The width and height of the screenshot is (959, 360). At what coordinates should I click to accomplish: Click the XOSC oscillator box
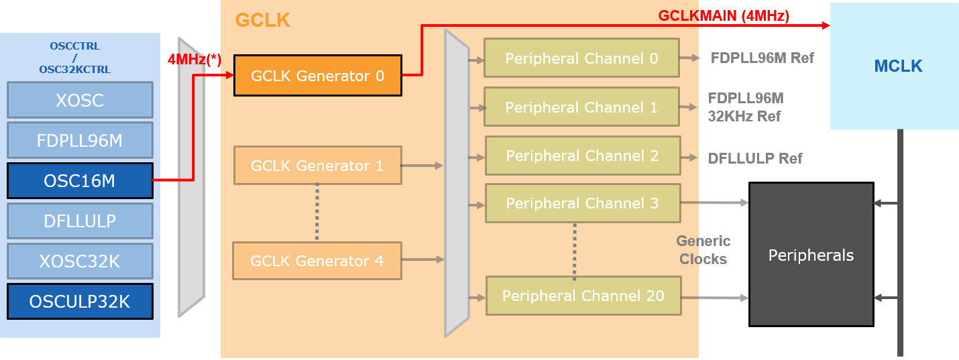80,100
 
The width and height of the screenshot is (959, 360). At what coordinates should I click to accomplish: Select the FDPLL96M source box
80,141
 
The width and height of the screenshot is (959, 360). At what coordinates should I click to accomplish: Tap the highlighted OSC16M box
80,181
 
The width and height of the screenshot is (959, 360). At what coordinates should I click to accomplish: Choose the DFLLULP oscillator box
80,221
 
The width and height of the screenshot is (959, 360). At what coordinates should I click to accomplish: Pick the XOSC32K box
80,261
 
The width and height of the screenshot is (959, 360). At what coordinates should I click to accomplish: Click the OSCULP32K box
80,302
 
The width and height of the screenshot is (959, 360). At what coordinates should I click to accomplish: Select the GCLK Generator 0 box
317,76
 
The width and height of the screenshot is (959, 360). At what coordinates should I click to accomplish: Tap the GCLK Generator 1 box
317,166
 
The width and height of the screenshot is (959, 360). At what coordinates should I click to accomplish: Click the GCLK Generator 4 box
317,261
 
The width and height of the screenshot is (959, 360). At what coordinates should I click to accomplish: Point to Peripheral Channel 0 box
581,58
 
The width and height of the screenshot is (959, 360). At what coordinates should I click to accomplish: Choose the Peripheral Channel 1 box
581,107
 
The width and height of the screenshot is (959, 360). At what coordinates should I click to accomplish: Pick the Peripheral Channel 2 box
582,156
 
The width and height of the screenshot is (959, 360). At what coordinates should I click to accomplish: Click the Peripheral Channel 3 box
582,203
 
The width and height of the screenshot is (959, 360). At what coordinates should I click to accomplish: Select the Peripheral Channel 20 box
583,296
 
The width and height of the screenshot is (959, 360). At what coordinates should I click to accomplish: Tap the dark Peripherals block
811,255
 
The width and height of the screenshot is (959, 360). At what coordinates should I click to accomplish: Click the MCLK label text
898,66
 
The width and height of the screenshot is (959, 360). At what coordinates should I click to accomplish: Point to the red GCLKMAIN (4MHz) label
724,16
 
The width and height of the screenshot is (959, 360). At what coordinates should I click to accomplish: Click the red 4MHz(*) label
194,59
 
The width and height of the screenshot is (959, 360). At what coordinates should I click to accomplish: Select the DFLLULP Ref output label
755,159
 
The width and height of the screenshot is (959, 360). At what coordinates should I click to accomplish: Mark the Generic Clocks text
703,250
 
